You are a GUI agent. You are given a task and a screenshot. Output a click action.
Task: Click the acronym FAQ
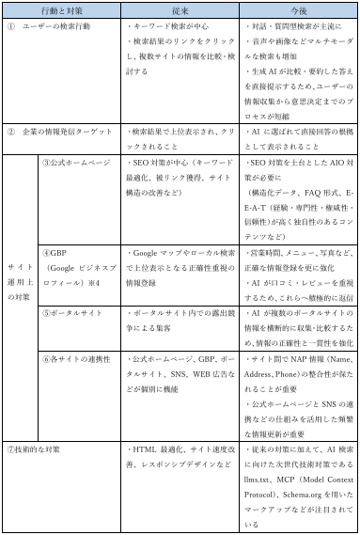coord(320,193)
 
